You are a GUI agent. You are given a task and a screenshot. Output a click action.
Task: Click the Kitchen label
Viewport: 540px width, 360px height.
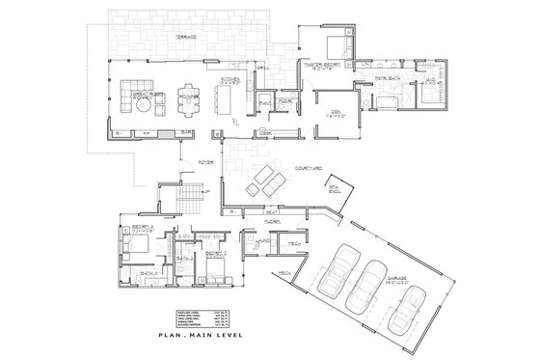click(x=230, y=81)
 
